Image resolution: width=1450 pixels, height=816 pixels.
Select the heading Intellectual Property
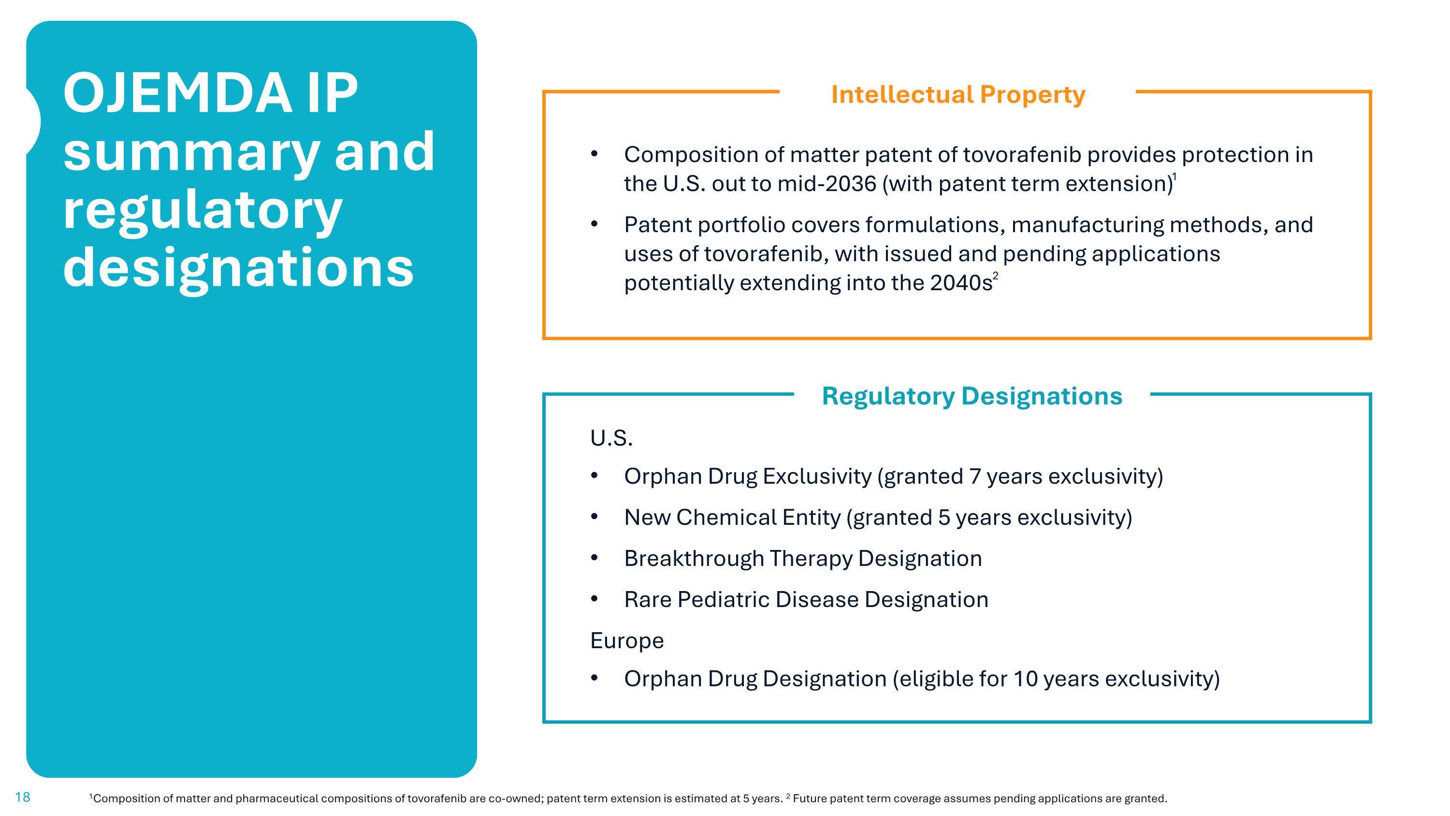coord(958,95)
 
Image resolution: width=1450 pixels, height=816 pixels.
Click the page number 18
coord(23,797)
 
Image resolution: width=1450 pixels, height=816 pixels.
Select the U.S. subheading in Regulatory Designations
coord(611,438)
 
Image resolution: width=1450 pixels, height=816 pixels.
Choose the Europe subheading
coord(626,641)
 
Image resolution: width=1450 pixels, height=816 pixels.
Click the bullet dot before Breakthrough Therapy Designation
coord(594,558)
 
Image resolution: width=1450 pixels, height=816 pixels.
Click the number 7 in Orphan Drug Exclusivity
coord(975,476)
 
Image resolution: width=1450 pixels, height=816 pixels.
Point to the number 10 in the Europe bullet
coord(1025,679)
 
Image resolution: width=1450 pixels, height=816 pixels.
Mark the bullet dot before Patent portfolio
coord(594,224)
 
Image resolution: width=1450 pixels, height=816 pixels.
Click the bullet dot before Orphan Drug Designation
coord(594,679)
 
